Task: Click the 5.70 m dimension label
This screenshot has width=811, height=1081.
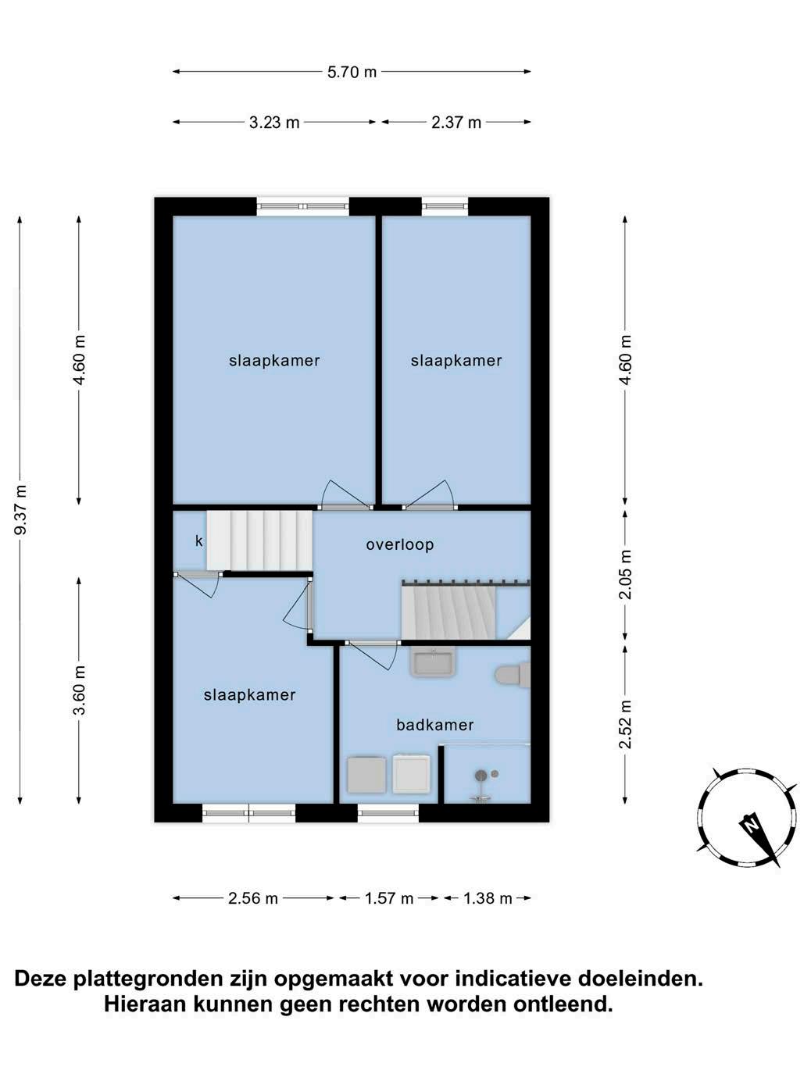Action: (352, 73)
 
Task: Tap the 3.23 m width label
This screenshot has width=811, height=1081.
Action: (274, 123)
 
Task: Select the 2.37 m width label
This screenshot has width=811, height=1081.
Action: (456, 123)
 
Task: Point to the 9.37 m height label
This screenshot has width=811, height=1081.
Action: (21, 509)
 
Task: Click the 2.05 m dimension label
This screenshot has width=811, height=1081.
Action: (625, 574)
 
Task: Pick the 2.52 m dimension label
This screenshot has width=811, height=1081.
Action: (625, 724)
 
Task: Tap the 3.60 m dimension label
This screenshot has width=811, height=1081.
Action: (80, 690)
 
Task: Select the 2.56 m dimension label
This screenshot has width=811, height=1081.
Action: (253, 899)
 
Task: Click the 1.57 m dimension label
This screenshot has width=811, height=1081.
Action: (389, 899)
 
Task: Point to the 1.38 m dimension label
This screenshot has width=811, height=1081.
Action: (488, 899)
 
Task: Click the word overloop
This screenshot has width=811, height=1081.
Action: (400, 544)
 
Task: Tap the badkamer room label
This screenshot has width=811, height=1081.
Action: (434, 725)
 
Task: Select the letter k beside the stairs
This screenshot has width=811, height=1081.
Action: (199, 541)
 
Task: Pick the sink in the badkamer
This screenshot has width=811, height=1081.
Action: (433, 663)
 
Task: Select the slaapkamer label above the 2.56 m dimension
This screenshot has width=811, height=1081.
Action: (250, 695)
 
